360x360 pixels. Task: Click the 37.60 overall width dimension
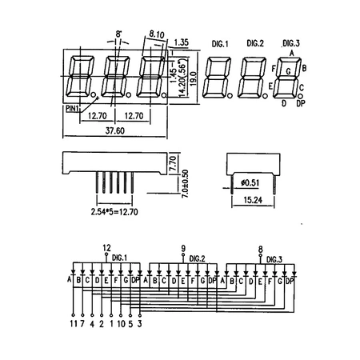point(115,130)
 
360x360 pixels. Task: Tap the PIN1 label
point(72,109)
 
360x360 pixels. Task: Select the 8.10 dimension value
point(157,34)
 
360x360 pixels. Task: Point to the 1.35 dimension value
point(182,42)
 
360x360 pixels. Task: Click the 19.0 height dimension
point(194,78)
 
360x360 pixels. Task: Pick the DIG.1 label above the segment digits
point(220,44)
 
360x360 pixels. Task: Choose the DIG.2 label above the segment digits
point(255,43)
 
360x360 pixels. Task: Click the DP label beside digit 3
point(301,103)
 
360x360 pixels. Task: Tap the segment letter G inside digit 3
point(288,71)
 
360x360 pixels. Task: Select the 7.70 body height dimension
point(173,163)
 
